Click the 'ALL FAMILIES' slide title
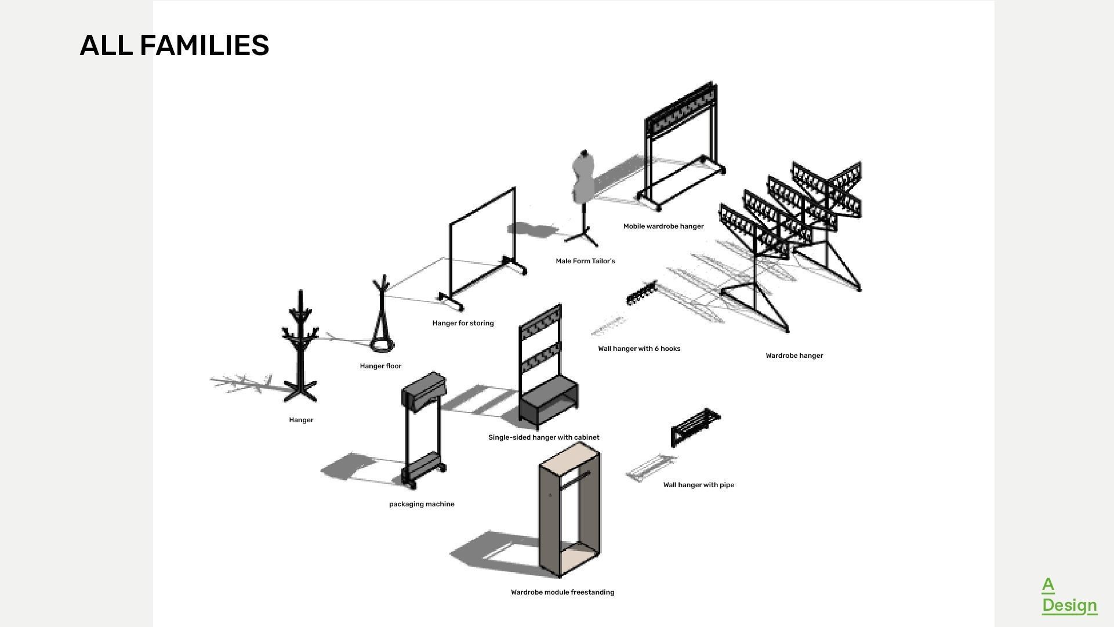[x=175, y=45]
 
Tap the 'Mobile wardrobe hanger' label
[x=663, y=226]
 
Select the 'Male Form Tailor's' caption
[x=585, y=261]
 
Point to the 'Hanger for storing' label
[x=463, y=323]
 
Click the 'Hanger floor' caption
[x=380, y=366]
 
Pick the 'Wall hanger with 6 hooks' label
[x=639, y=349]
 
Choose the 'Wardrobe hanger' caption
[x=794, y=356]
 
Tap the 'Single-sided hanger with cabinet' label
[x=543, y=437]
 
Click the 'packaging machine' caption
[x=422, y=504]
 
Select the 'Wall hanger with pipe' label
[x=698, y=485]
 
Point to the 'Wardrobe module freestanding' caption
[x=562, y=592]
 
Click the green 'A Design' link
[x=1069, y=595]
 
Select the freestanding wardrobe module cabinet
[x=569, y=510]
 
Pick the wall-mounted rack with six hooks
[x=641, y=292]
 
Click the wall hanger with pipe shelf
[x=695, y=427]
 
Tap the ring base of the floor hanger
[x=383, y=346]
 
